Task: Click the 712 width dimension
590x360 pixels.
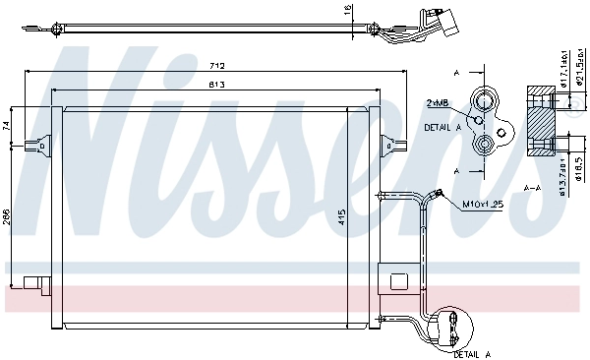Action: point(217,65)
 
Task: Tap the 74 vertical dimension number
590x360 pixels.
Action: point(7,125)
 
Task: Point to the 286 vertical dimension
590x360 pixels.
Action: point(7,216)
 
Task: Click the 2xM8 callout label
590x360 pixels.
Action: point(438,102)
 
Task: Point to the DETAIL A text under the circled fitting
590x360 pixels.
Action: point(473,351)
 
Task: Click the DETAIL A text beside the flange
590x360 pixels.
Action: point(443,127)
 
